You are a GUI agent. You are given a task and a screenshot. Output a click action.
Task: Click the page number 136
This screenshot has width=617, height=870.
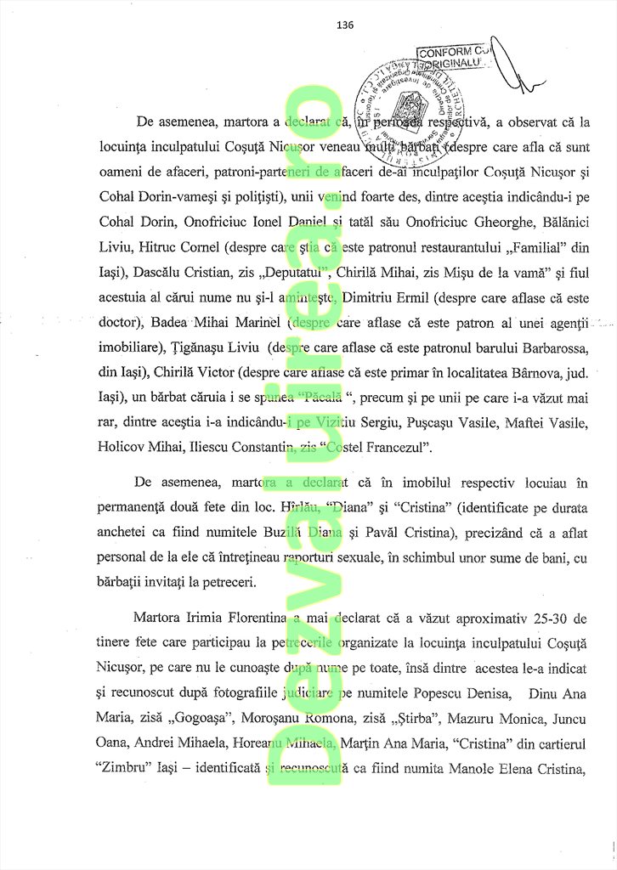pos(345,25)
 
